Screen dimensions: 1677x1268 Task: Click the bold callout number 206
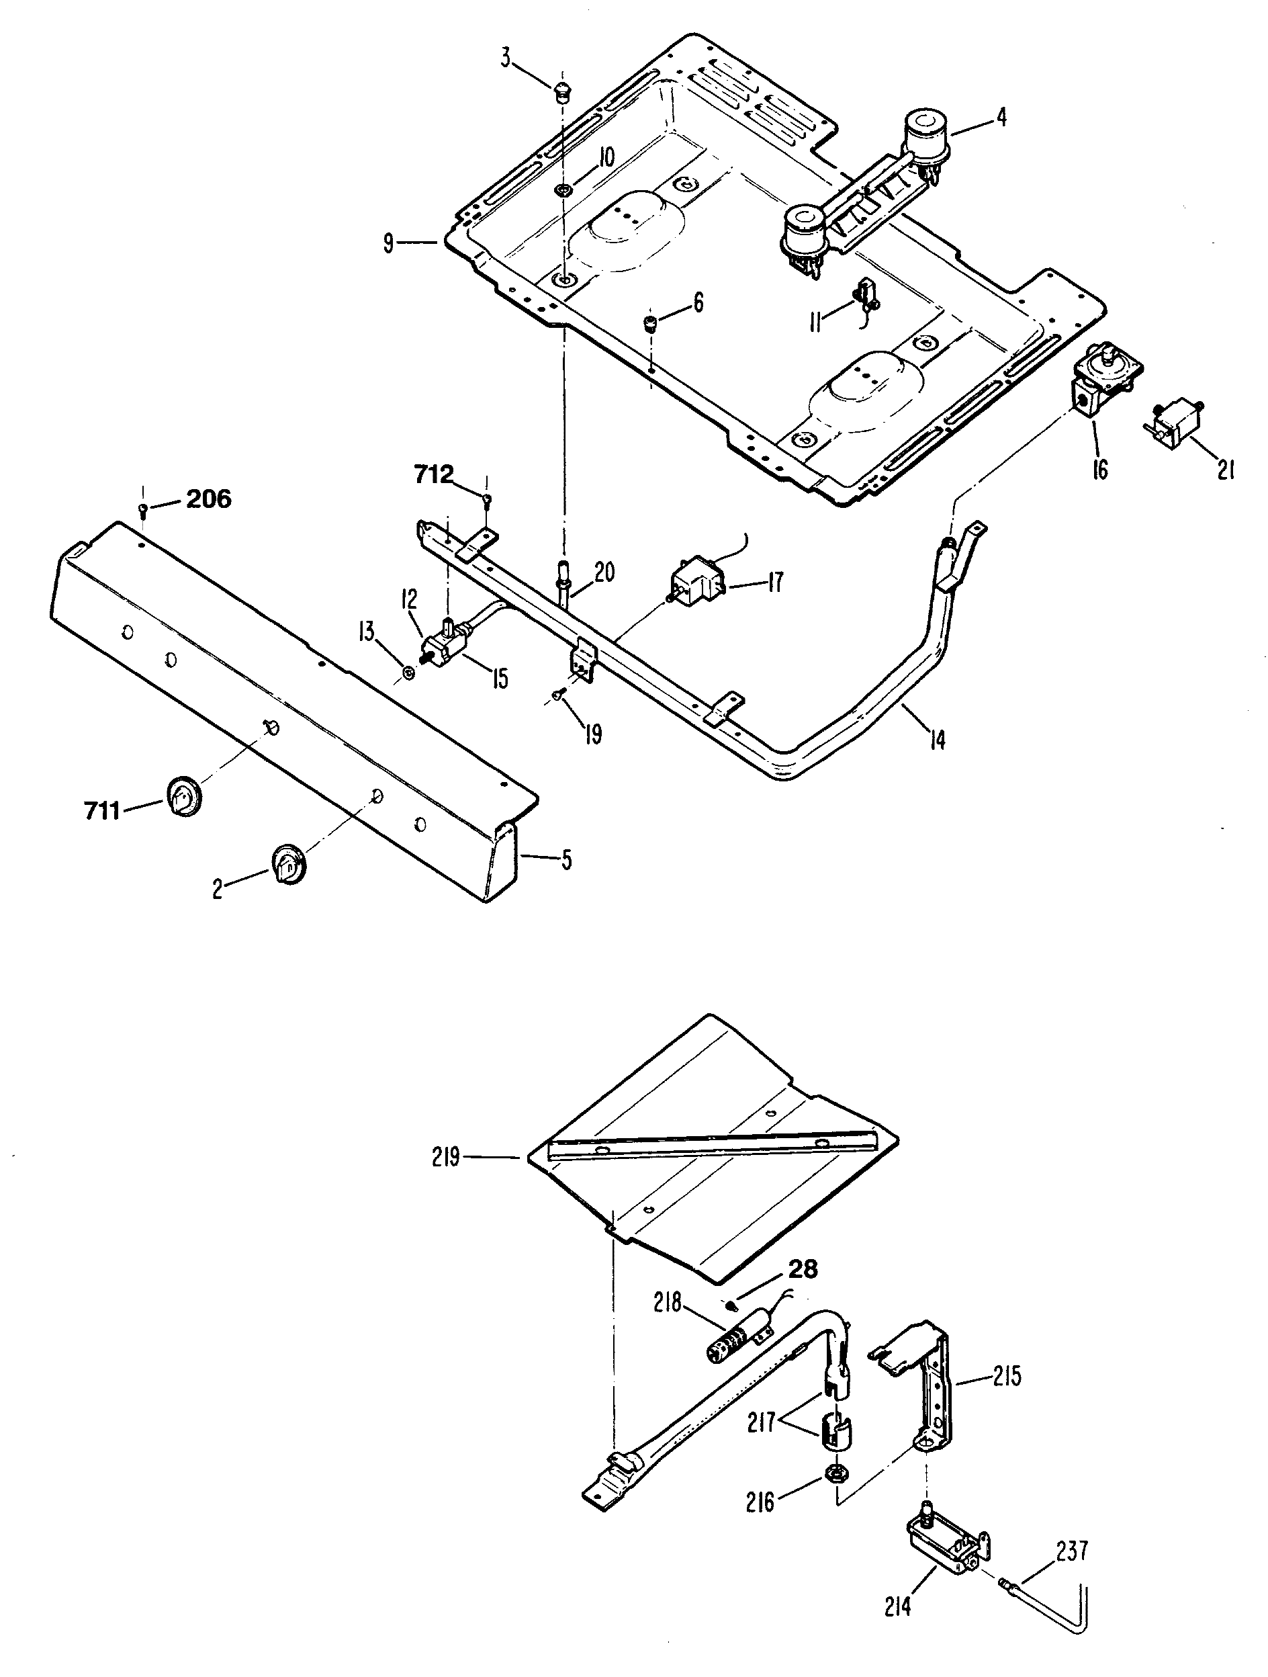pos(208,500)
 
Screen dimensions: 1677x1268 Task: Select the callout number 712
pos(434,476)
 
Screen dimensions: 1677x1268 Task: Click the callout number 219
pos(447,1158)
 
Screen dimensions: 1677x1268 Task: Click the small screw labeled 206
pos(143,509)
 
